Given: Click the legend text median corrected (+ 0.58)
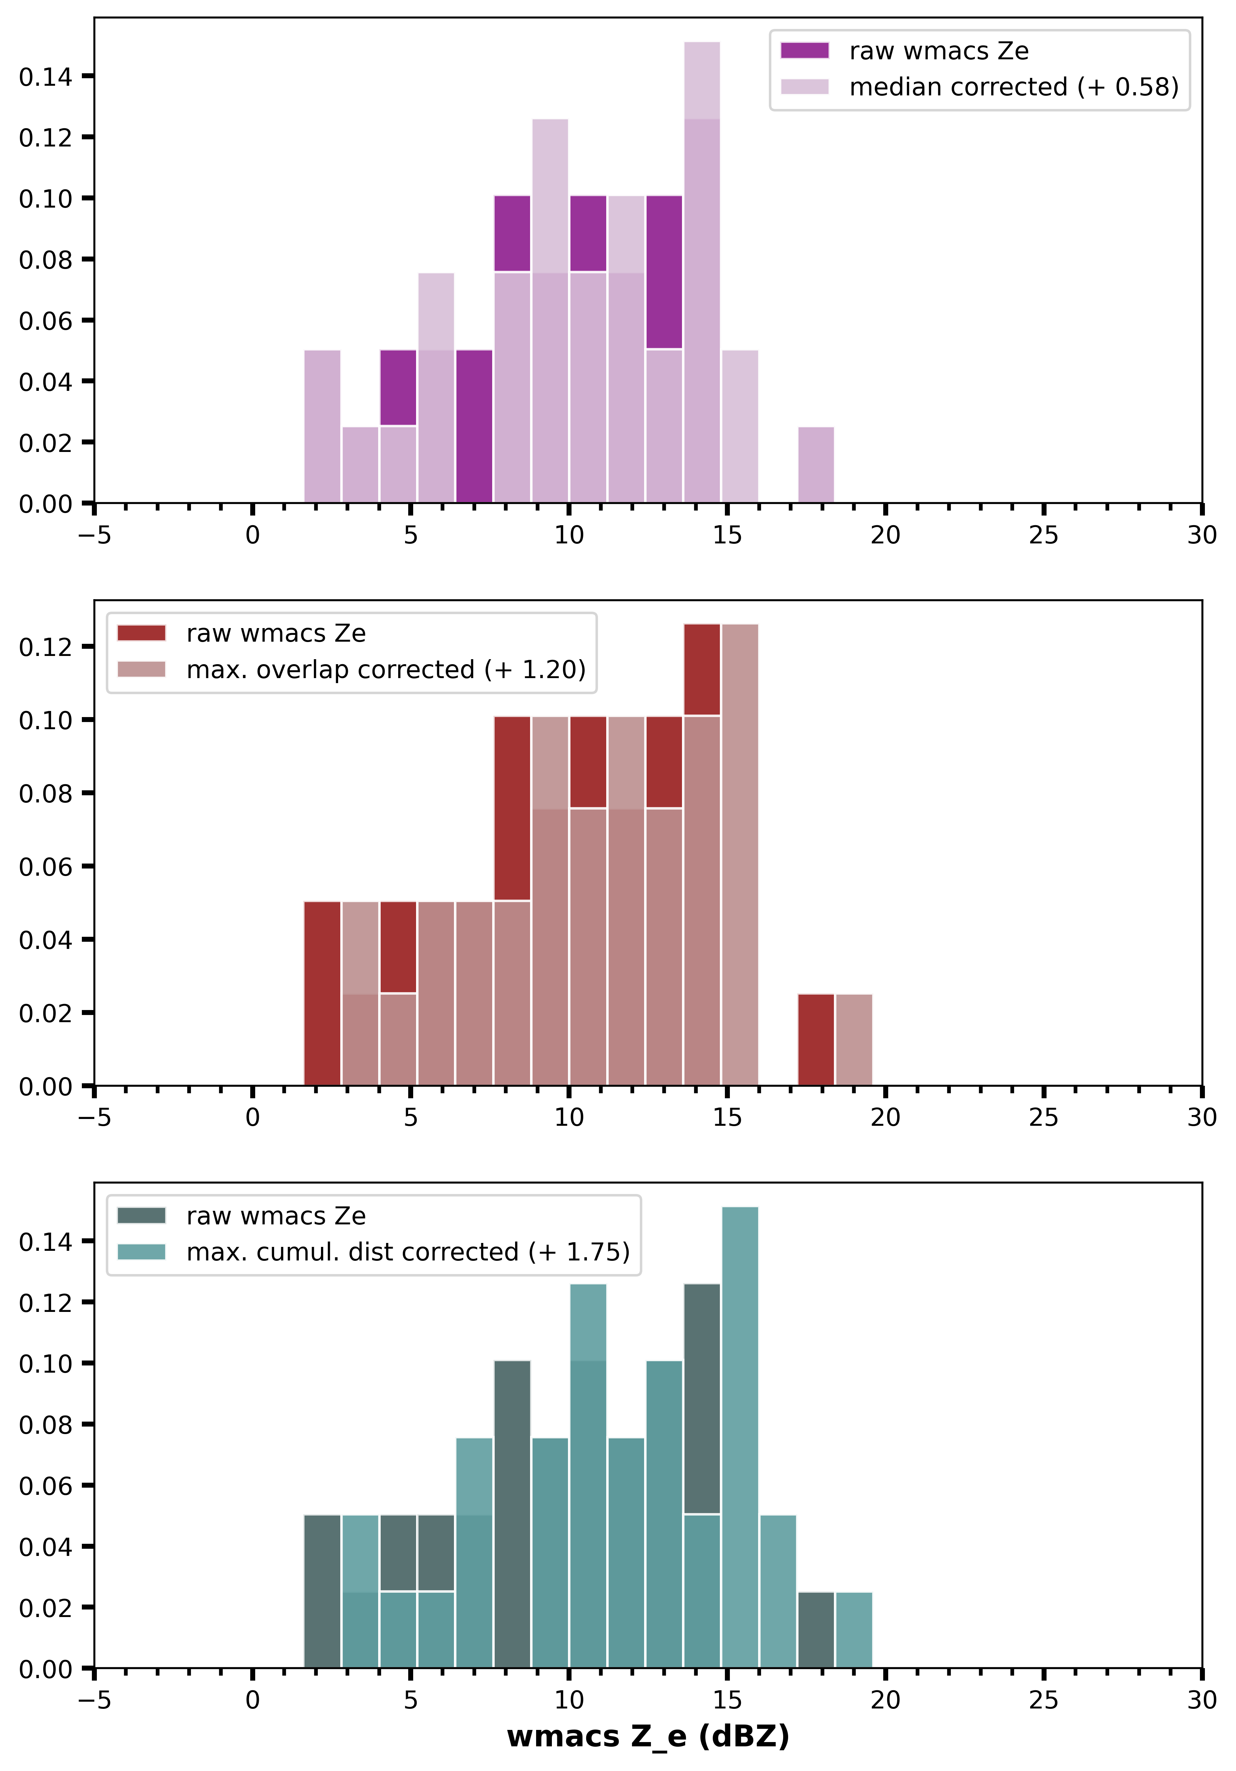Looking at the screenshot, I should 1014,87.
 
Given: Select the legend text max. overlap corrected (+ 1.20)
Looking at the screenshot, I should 386,670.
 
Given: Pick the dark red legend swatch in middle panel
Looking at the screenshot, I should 141,633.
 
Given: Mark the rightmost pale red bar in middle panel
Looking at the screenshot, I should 854,1040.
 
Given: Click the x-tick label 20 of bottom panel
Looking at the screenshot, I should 885,1700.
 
